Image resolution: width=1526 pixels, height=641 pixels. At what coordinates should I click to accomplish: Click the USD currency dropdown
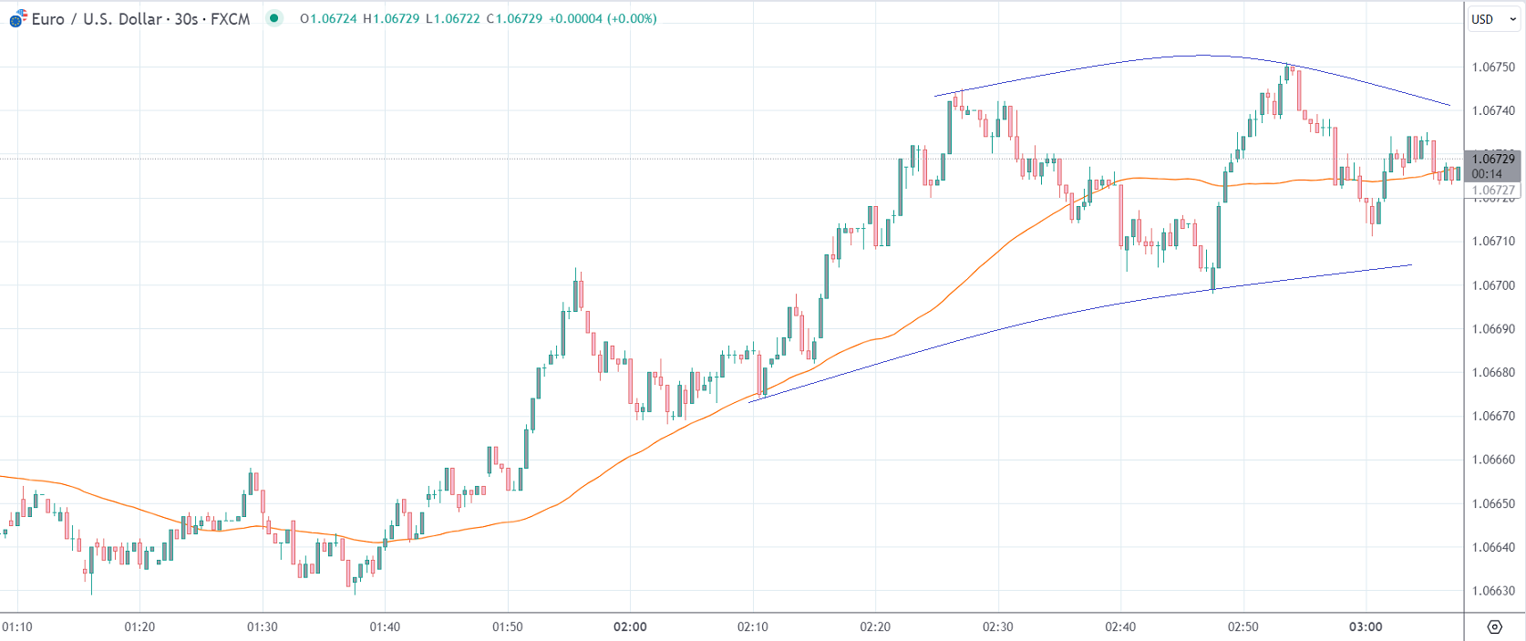click(1492, 19)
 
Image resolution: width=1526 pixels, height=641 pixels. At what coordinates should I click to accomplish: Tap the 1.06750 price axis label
click(1493, 67)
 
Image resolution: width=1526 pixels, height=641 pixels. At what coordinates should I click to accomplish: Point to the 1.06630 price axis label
click(1493, 591)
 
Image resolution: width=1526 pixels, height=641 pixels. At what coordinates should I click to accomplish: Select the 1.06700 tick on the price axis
click(1493, 285)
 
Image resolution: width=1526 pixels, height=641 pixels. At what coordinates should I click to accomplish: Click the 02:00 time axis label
click(630, 627)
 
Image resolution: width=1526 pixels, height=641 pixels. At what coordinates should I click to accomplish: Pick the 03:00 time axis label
click(1366, 627)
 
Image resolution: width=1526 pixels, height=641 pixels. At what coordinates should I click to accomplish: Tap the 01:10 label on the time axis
click(17, 627)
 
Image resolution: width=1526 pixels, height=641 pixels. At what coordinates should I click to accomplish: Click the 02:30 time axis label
click(997, 627)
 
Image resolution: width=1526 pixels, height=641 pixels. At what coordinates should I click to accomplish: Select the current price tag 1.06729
click(1493, 160)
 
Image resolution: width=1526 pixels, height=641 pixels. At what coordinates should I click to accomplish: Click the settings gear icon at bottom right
click(1494, 626)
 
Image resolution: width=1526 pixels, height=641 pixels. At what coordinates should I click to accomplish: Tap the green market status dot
click(273, 18)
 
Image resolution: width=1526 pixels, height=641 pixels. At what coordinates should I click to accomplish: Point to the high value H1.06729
click(391, 19)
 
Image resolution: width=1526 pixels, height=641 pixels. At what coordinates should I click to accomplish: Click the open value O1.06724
click(328, 19)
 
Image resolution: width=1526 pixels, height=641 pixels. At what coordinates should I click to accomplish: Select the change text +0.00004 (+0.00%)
click(603, 19)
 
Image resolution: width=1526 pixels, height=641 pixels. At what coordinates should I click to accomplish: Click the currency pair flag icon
click(17, 18)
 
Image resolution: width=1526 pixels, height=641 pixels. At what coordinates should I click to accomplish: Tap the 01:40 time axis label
click(385, 627)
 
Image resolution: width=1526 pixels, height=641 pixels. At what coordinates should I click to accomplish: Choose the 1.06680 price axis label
click(1493, 373)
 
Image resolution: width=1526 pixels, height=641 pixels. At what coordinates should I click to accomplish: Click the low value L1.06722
click(452, 19)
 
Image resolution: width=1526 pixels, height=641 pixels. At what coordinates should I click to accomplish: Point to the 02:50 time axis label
click(1242, 627)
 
